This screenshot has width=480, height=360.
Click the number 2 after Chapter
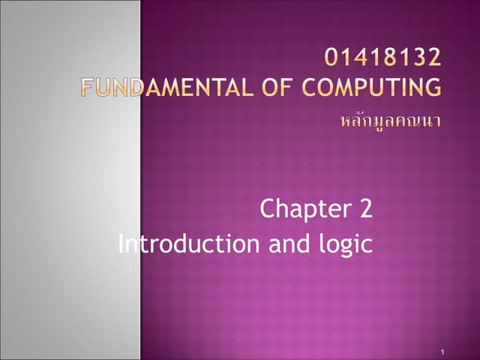[365, 209]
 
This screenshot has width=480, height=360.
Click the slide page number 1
[444, 352]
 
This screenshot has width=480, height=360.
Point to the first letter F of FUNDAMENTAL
[88, 88]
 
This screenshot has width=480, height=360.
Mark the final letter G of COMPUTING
[433, 88]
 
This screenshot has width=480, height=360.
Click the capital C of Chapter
[268, 209]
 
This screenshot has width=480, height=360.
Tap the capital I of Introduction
[122, 244]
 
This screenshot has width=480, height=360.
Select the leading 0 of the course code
[334, 57]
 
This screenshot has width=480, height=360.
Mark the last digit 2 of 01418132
[433, 57]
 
